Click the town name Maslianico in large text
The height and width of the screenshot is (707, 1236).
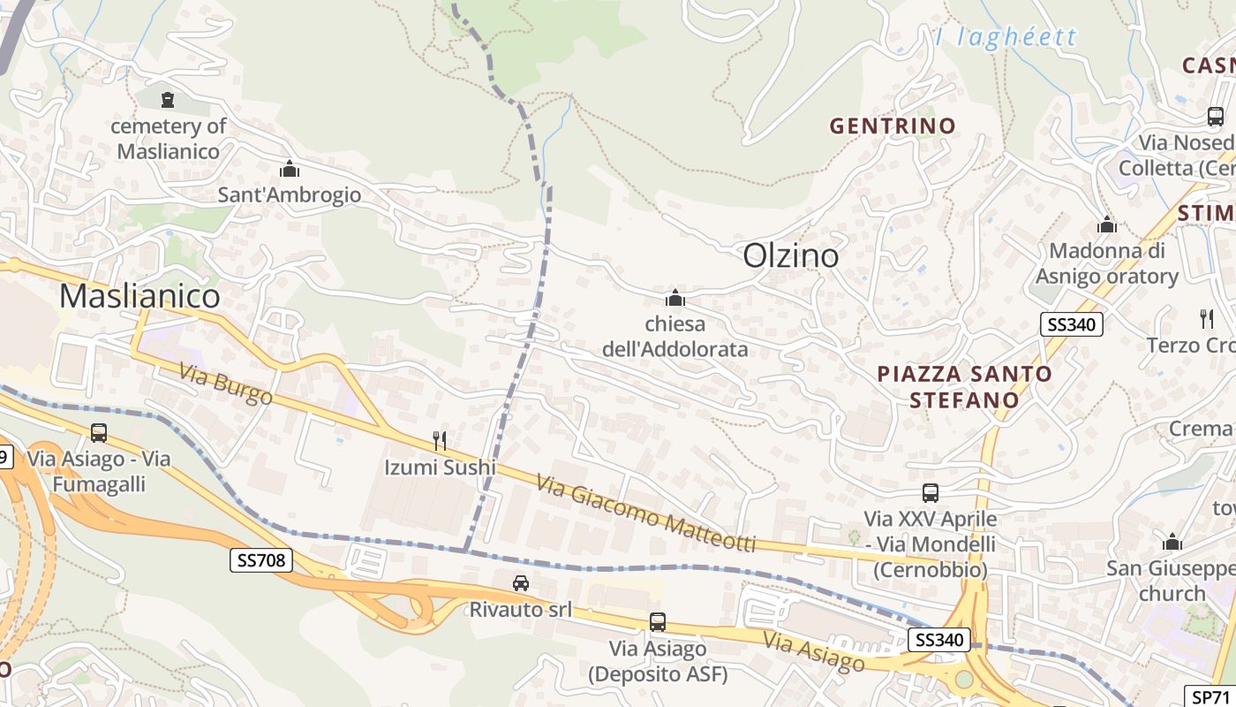point(139,296)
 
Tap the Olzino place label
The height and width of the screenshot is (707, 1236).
point(791,255)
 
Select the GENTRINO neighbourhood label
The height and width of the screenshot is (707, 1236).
point(893,125)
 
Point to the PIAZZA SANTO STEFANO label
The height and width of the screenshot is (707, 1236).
point(964,386)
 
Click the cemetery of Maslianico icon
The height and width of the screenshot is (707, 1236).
point(168,100)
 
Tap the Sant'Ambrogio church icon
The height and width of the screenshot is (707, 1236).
point(289,169)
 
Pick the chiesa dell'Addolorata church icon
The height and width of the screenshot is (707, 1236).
point(675,298)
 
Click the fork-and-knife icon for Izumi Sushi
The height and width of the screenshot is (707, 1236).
point(440,440)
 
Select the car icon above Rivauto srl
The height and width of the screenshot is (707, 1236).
point(521,583)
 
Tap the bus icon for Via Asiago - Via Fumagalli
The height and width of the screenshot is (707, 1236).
point(99,433)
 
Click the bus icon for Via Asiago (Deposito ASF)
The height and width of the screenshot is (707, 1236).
point(658,622)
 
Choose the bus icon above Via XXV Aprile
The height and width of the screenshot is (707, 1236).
point(930,493)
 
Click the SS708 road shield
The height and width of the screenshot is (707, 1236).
point(260,559)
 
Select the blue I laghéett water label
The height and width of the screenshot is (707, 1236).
point(1006,37)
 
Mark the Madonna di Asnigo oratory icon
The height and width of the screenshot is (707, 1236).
point(1107,225)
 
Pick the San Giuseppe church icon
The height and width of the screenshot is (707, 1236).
point(1172,542)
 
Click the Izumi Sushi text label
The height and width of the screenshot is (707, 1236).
point(440,467)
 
